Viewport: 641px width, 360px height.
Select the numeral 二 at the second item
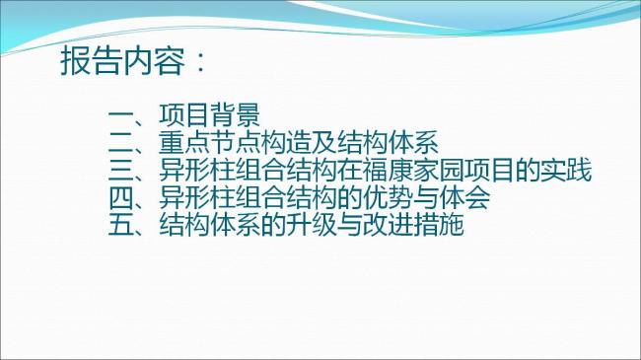point(121,141)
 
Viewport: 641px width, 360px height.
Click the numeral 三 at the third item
point(121,170)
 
